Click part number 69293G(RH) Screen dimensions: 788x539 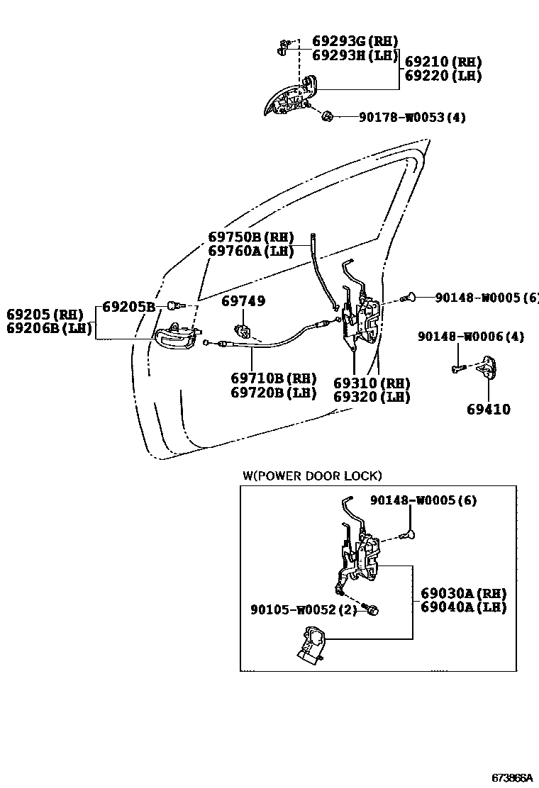355,40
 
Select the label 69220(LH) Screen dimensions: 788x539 443,76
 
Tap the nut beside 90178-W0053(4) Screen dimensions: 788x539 328,116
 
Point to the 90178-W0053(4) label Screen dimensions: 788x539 411,118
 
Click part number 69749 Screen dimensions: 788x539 243,301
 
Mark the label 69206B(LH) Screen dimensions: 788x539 49,328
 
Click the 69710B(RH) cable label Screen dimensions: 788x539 273,378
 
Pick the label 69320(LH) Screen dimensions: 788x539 372,398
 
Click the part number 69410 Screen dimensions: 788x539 489,410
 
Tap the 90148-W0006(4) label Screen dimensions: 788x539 470,337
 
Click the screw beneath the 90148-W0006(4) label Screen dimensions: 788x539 457,368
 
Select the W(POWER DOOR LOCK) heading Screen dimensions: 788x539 312,475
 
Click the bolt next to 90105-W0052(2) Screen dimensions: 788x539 371,609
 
